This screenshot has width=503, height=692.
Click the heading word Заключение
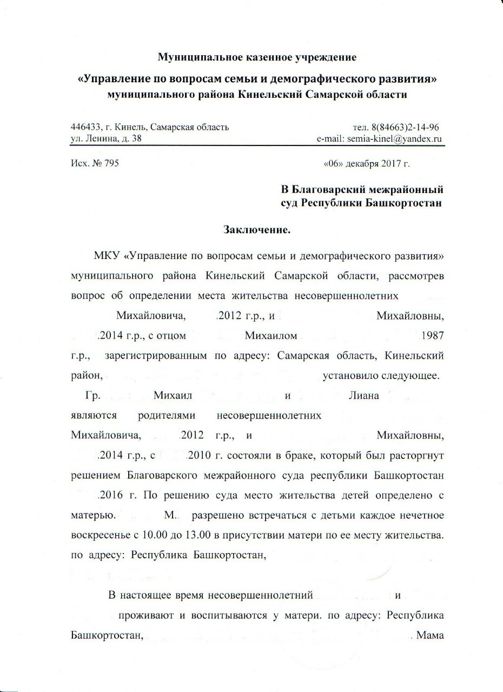(257, 229)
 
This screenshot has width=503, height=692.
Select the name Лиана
(366, 395)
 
